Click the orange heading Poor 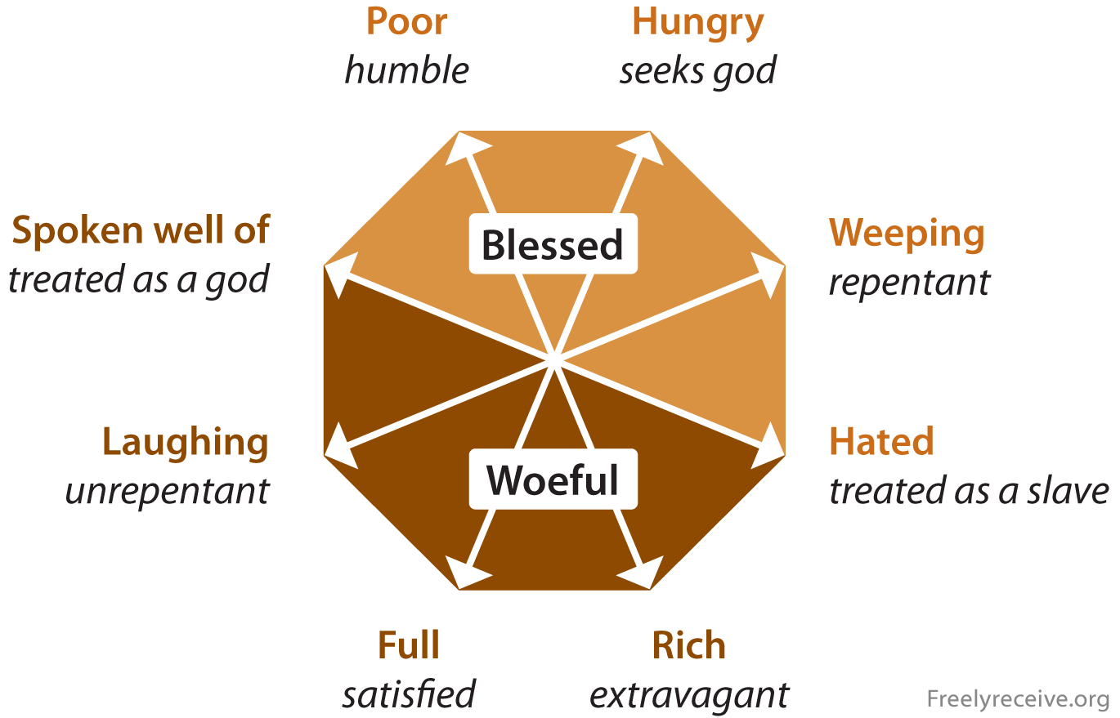pyautogui.click(x=406, y=22)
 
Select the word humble pyautogui.click(x=406, y=70)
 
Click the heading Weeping pyautogui.click(x=907, y=234)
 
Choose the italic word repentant pyautogui.click(x=910, y=283)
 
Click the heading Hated pyautogui.click(x=881, y=442)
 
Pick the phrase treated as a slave pyautogui.click(x=969, y=491)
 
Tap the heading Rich pyautogui.click(x=689, y=645)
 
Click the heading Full pyautogui.click(x=409, y=645)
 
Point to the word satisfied pyautogui.click(x=409, y=694)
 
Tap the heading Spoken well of pyautogui.click(x=141, y=231)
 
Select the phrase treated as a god pyautogui.click(x=139, y=281)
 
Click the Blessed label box pyautogui.click(x=553, y=244)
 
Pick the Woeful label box pyautogui.click(x=553, y=479)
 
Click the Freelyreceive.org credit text pyautogui.click(x=1018, y=699)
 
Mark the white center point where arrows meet pyautogui.click(x=554, y=359)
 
